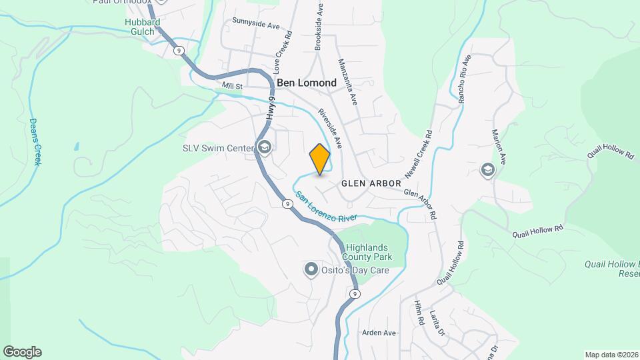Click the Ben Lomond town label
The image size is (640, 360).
[307, 83]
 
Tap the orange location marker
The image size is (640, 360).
[320, 159]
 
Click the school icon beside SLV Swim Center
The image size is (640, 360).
[265, 147]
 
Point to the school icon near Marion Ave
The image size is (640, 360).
[488, 170]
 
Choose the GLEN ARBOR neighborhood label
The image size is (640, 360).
[371, 183]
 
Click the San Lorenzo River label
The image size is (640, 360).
[327, 207]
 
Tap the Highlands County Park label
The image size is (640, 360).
[367, 252]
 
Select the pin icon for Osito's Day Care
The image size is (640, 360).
[311, 269]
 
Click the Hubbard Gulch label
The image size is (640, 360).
[142, 26]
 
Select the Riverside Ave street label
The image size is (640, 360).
[330, 128]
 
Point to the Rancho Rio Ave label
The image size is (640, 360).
[465, 79]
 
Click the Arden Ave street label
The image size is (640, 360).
[379, 333]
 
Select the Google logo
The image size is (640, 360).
[22, 352]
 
